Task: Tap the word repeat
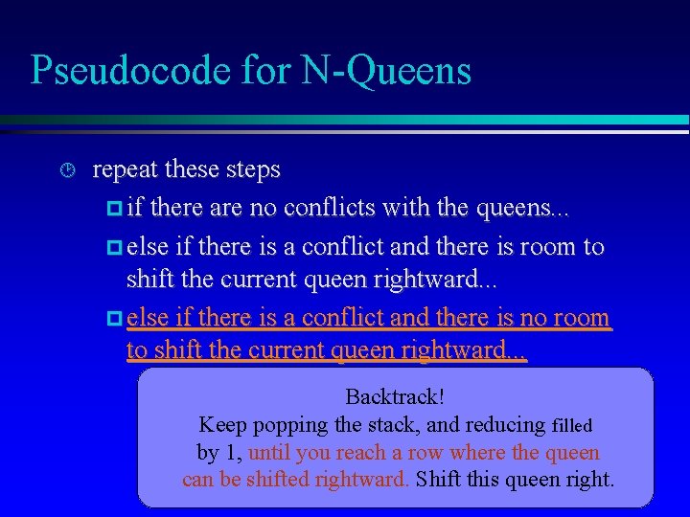[126, 170]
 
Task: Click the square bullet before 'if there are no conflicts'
[112, 209]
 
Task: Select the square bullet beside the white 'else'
[112, 247]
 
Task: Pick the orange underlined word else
[148, 317]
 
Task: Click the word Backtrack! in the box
[395, 396]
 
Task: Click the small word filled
[572, 425]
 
